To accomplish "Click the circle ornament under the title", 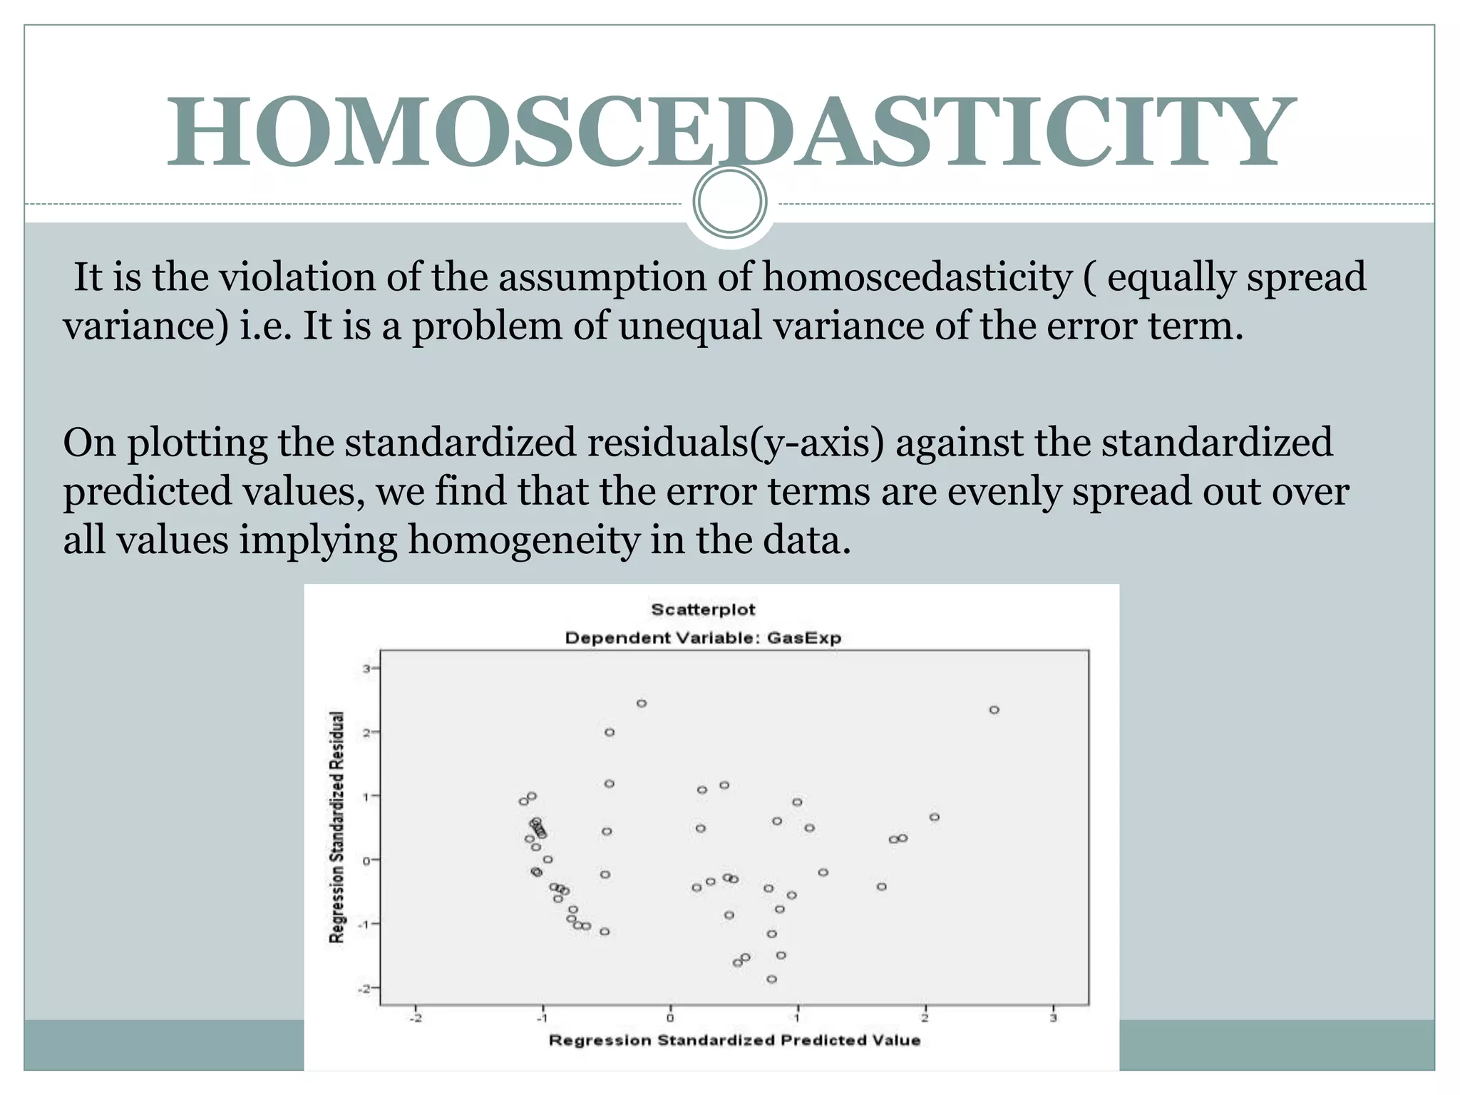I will (x=729, y=202).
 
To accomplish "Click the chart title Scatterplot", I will (x=702, y=610).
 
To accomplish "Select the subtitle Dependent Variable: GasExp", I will (x=703, y=638).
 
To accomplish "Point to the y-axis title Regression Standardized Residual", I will (x=336, y=827).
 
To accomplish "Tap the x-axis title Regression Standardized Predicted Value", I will (x=734, y=1040).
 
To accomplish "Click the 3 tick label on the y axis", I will (x=366, y=669).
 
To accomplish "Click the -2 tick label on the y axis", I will (x=365, y=988).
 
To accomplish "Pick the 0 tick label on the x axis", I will (x=670, y=1018).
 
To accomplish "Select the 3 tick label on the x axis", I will (x=1053, y=1018).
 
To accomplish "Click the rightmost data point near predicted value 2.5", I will (x=994, y=710).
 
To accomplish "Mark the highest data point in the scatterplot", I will (x=642, y=704).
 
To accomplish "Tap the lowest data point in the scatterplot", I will (x=771, y=980).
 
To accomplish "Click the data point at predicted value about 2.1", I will (x=935, y=817).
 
